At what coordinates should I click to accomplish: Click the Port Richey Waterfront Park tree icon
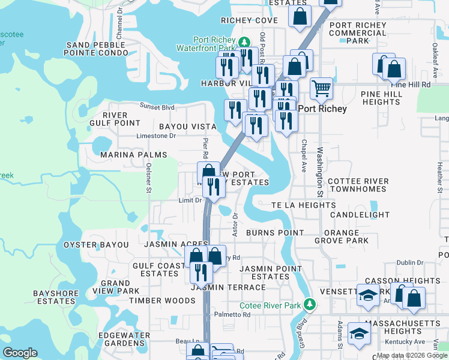(244, 41)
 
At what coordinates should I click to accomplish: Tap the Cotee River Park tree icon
(310, 304)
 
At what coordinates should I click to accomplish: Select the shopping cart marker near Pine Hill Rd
(322, 89)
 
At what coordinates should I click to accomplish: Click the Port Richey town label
(322, 109)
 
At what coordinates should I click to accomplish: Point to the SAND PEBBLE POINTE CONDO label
(97, 49)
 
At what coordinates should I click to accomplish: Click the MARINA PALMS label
(133, 154)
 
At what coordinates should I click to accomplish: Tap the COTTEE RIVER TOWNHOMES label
(358, 185)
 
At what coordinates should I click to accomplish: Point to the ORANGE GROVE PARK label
(341, 236)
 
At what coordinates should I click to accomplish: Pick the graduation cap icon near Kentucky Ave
(359, 334)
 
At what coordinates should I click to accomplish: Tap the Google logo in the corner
(20, 352)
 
